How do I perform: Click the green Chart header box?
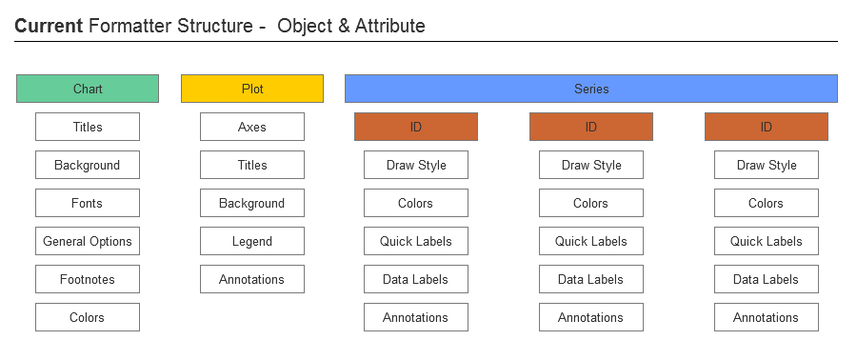(x=88, y=89)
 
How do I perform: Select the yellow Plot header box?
(x=252, y=89)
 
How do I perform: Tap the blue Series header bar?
(x=590, y=89)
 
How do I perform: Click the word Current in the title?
(x=48, y=27)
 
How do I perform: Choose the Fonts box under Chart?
(x=88, y=203)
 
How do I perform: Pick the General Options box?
(x=88, y=241)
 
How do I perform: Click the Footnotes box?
(x=88, y=279)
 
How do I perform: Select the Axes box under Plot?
(x=252, y=127)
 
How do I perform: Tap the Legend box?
(x=252, y=241)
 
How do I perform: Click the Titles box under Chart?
(x=88, y=127)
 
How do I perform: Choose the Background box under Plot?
(x=252, y=203)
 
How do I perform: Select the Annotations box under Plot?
(x=252, y=279)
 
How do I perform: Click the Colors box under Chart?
(x=88, y=317)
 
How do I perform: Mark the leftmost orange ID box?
(x=416, y=127)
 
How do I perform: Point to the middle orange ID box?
(x=591, y=127)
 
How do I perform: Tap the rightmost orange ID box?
(x=767, y=127)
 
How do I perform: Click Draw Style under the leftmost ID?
(x=416, y=165)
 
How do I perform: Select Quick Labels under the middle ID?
(x=591, y=241)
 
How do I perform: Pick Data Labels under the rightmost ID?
(x=767, y=279)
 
